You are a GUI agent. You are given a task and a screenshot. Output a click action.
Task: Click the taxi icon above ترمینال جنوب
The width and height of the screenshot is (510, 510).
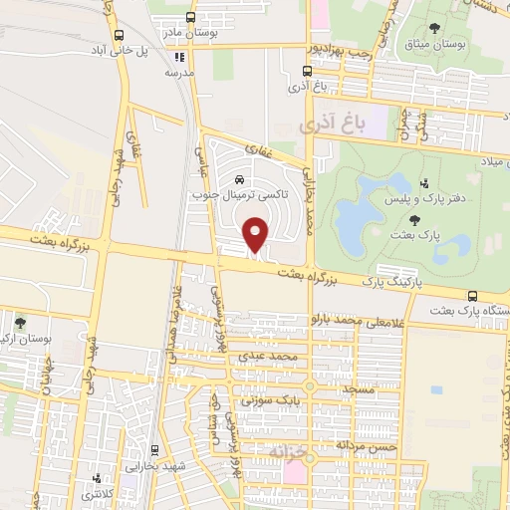[x=239, y=179]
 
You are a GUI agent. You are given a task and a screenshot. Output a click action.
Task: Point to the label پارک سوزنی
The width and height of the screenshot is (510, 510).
[x=276, y=400]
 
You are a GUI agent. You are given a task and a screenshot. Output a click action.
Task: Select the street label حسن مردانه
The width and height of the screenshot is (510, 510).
[x=368, y=446]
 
